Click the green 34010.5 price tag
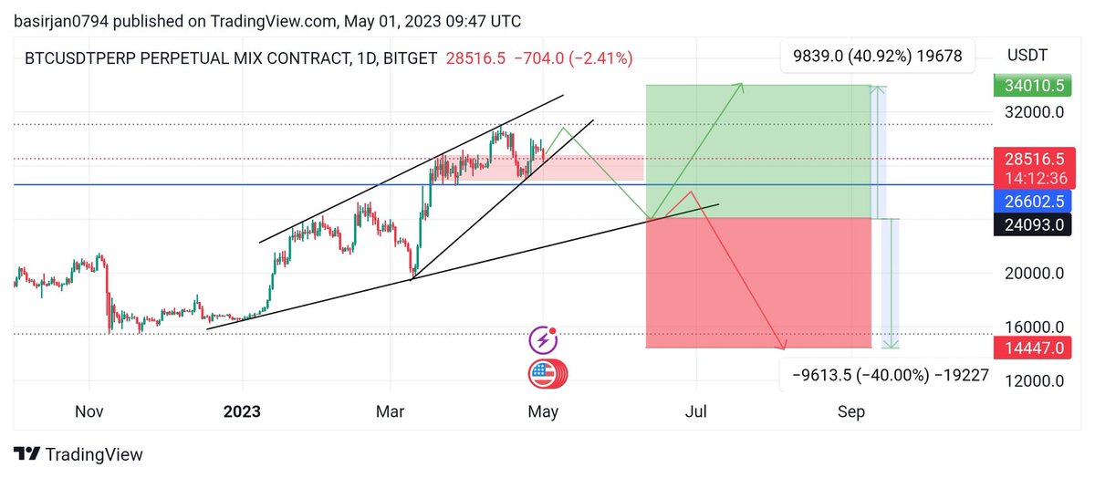tap(1032, 86)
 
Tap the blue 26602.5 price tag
tap(1032, 202)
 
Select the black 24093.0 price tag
tap(1032, 224)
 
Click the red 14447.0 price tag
tap(1032, 348)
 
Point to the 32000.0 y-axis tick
tap(1035, 112)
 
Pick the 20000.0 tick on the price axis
tap(1035, 274)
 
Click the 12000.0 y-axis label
tap(1035, 380)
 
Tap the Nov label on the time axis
tap(89, 411)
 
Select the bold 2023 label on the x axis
tap(242, 411)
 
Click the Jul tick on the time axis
tap(695, 411)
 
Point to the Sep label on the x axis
tap(851, 411)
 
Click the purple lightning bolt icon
tap(543, 340)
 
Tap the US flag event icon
tap(547, 374)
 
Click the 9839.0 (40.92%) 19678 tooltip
tap(878, 57)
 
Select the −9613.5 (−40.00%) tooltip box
tap(886, 375)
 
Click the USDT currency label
tap(1027, 56)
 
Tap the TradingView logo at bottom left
tap(78, 454)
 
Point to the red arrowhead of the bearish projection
tap(782, 345)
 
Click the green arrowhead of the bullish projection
tap(740, 87)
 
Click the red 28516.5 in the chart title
tap(475, 58)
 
